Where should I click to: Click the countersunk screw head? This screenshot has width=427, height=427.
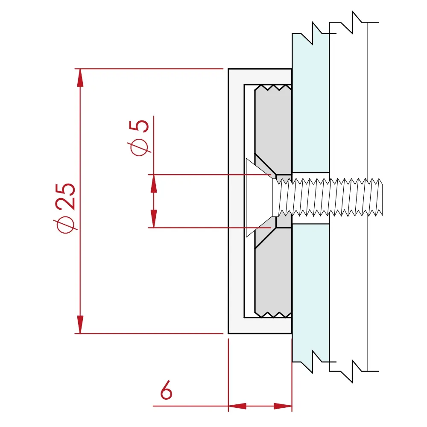coord(260,197)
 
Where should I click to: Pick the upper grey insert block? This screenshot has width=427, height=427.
coord(273,124)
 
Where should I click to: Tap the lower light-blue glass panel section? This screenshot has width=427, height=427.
coord(310,290)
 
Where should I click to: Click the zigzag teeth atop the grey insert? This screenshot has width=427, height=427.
coord(273,88)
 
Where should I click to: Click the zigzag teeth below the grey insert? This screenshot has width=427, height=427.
coord(273,314)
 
